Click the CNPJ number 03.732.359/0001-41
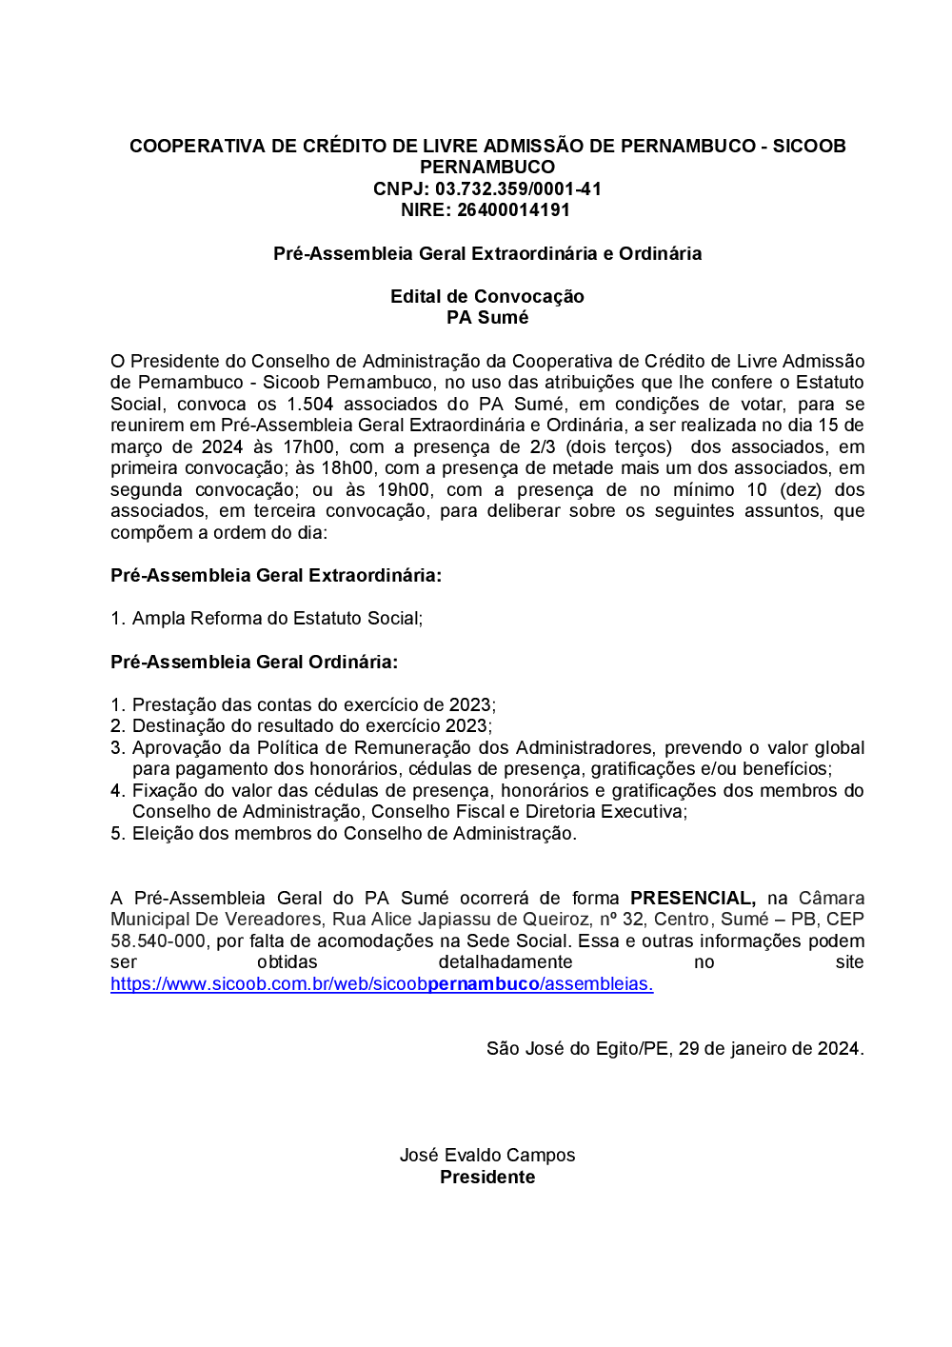coord(518,188)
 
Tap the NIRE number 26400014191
coord(513,209)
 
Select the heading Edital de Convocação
coord(486,296)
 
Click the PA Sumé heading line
coord(486,317)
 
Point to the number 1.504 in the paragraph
coord(309,404)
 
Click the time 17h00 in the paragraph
coord(308,446)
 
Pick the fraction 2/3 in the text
coord(543,446)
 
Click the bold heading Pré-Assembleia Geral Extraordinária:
coord(276,575)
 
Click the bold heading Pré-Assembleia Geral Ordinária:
coord(254,662)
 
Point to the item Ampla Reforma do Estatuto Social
coord(276,618)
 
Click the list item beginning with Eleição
coord(353,833)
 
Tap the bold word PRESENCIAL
coord(692,898)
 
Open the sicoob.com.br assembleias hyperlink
coord(382,984)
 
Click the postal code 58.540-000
coord(158,941)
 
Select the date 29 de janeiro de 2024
coord(769,1048)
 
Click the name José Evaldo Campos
coord(486,1155)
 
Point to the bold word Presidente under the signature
coord(486,1177)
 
